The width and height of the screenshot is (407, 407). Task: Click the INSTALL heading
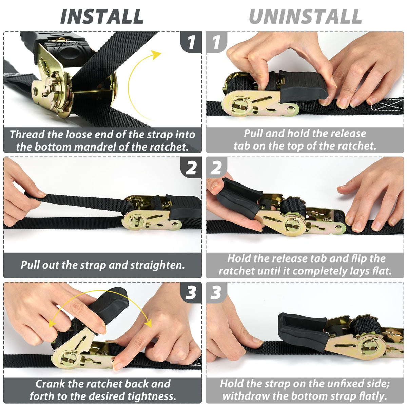[102, 17]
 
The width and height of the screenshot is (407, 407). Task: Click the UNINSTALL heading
[305, 17]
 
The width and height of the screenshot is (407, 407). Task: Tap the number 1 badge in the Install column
[191, 42]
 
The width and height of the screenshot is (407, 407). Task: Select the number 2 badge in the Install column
[191, 168]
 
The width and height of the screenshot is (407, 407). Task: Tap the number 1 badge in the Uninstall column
[216, 42]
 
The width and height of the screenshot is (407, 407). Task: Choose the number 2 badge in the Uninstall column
[216, 168]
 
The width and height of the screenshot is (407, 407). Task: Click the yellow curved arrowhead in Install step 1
[156, 54]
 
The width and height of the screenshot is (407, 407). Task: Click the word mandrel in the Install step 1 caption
[95, 147]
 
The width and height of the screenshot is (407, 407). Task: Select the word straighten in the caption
[157, 265]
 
